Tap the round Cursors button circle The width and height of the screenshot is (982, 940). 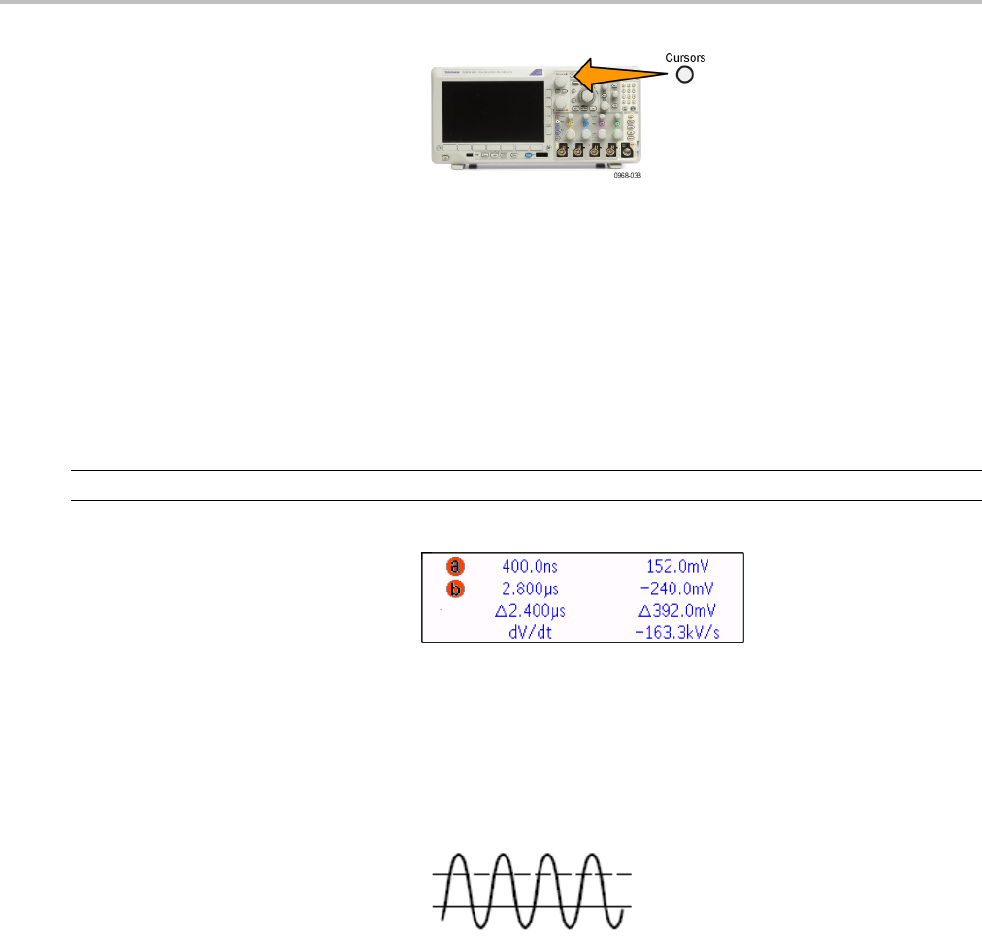tap(684, 75)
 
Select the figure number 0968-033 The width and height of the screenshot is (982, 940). tap(627, 177)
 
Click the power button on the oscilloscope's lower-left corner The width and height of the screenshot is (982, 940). tap(445, 157)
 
